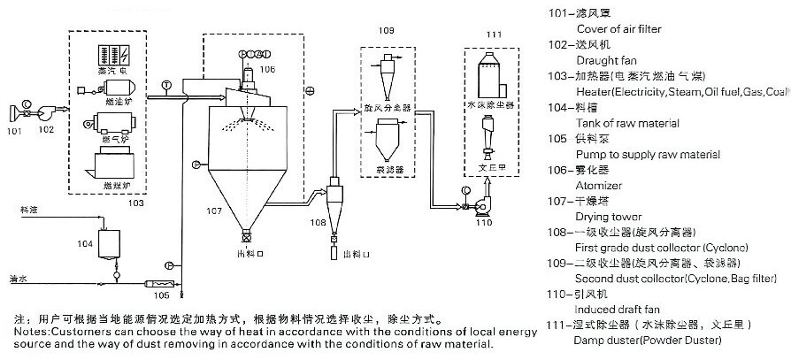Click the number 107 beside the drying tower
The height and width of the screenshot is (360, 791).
click(x=215, y=211)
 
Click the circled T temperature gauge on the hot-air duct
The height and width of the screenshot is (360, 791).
click(x=166, y=85)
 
